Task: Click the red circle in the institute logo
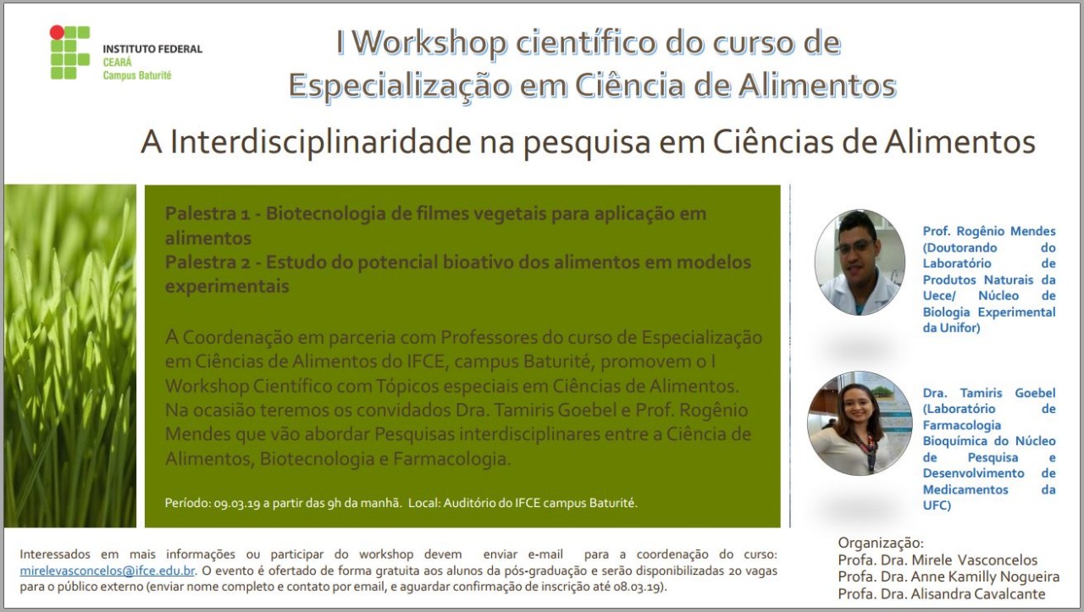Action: (x=57, y=32)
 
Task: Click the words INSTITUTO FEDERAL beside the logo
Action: (x=152, y=49)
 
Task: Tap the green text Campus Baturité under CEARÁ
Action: (x=137, y=75)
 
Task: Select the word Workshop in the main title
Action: (x=429, y=42)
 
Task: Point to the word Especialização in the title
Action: (x=400, y=85)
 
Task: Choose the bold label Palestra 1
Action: (x=207, y=213)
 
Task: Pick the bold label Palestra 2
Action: (x=207, y=262)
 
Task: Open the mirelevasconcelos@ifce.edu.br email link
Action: (x=107, y=571)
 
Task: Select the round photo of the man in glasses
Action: (x=860, y=262)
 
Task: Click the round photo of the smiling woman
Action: (x=860, y=423)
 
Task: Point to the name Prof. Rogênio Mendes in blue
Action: (x=989, y=231)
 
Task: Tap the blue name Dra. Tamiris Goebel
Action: (x=989, y=393)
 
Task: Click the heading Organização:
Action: (x=881, y=543)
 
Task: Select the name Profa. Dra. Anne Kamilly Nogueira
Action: (x=948, y=576)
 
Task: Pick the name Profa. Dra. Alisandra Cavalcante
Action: (x=941, y=593)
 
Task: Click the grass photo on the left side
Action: (x=70, y=356)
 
